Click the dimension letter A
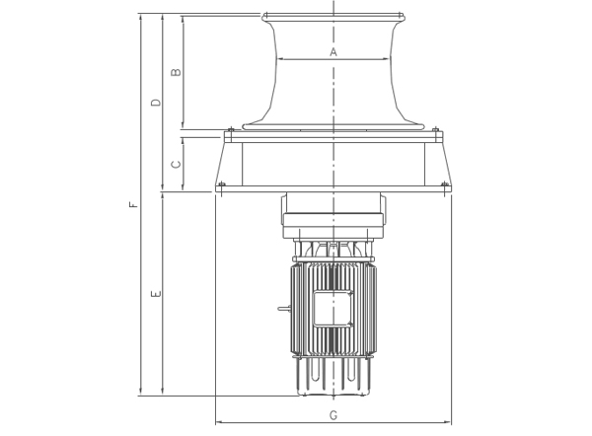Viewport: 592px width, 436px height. (x=333, y=51)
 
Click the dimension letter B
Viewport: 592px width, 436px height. (x=176, y=72)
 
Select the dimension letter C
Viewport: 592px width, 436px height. (x=176, y=164)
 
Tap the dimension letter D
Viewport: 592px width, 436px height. (x=156, y=103)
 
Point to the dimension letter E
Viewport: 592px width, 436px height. (x=156, y=294)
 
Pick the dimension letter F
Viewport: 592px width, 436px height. (x=133, y=205)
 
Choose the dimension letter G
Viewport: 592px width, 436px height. (x=333, y=415)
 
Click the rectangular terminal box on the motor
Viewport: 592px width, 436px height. (x=333, y=309)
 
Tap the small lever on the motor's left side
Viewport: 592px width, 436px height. (x=284, y=309)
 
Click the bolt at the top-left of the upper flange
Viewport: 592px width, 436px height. (x=231, y=129)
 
